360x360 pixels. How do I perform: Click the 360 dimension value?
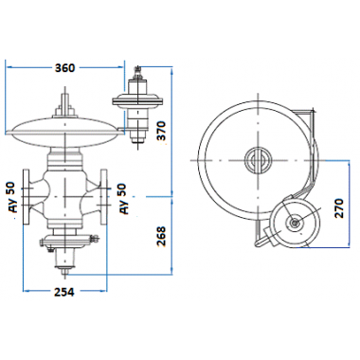(64, 67)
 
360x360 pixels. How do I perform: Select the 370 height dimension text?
(161, 131)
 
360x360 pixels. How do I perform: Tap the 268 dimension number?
(161, 237)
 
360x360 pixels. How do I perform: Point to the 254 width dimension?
(64, 292)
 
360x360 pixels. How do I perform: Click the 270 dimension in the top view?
(339, 208)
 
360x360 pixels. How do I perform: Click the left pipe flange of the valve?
(27, 197)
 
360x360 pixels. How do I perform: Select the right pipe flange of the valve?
(104, 197)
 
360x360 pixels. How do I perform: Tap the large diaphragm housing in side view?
(64, 133)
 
